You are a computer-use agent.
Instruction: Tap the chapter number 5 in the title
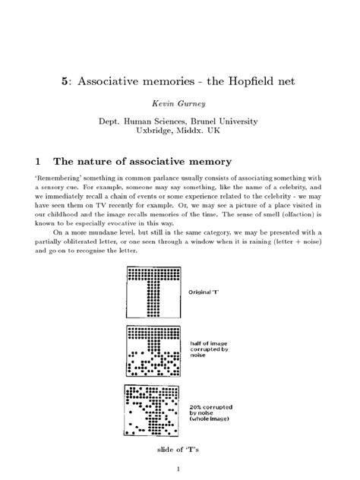coord(65,80)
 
